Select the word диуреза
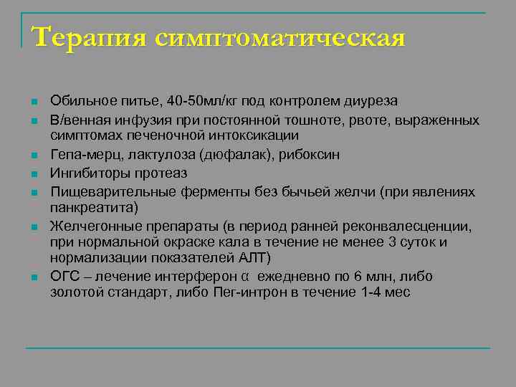[x=372, y=101]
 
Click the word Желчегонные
[x=90, y=227]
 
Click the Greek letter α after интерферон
[x=244, y=277]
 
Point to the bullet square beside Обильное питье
[x=34, y=102]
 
